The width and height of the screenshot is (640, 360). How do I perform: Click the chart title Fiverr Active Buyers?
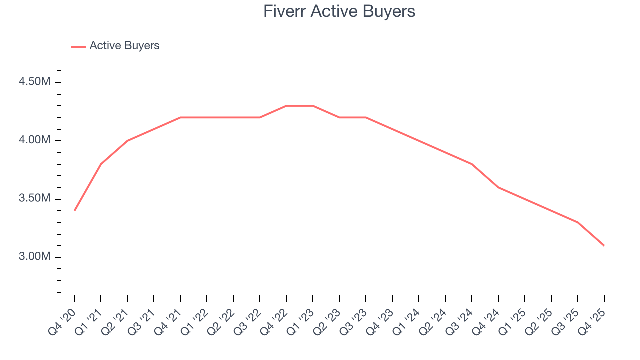point(339,11)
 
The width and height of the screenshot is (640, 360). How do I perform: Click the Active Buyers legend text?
point(124,46)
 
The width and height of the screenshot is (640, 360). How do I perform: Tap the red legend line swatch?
point(78,46)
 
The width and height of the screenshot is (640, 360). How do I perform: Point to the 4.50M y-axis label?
point(35,82)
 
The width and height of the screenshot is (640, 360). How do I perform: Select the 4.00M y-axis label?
point(35,140)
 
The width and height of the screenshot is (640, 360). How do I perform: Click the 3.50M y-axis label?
point(35,198)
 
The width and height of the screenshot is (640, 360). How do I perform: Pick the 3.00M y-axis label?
point(35,257)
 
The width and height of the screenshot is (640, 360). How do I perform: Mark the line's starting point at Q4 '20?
point(74,210)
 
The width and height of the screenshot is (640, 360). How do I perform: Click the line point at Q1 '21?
point(101,164)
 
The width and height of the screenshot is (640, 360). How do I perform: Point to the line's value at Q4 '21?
point(180,117)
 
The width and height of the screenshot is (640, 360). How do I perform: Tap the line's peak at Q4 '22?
point(286,106)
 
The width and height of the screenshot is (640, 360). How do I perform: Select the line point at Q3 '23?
point(366,117)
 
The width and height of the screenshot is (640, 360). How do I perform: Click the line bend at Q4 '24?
point(498,187)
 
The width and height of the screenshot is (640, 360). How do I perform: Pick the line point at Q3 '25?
point(578,222)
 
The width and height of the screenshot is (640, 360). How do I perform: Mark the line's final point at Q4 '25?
point(604,245)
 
